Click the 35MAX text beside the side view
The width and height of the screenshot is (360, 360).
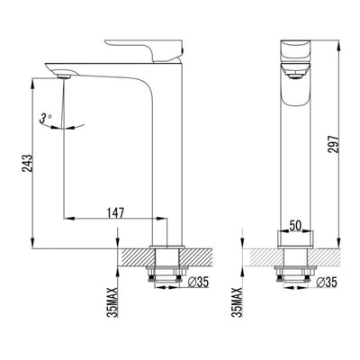[x=110, y=301]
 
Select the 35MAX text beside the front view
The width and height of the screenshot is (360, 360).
[x=237, y=301]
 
